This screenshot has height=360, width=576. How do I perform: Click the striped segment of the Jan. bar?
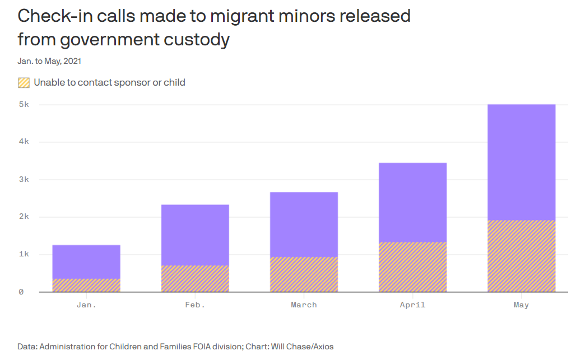[86, 285]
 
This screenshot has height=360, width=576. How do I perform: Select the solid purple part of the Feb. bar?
[195, 235]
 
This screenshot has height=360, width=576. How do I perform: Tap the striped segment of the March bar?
[304, 274]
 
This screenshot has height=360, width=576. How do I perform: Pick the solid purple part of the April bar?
[412, 202]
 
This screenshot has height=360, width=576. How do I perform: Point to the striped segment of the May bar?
[521, 256]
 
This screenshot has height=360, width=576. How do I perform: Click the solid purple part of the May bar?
[521, 162]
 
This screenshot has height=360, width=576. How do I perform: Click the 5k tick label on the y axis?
[23, 105]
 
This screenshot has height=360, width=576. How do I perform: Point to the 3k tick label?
[23, 180]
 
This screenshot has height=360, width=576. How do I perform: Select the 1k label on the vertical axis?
[23, 254]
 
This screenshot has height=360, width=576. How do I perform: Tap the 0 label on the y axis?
[21, 292]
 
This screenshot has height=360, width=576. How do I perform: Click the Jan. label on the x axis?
[86, 305]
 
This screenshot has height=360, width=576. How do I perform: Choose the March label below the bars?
[304, 305]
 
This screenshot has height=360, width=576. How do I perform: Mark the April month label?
[412, 305]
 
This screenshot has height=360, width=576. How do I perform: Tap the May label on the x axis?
[521, 305]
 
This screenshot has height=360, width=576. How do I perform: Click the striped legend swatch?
[24, 83]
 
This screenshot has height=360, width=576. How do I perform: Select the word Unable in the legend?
[49, 82]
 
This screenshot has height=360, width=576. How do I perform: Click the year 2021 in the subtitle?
[79, 61]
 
